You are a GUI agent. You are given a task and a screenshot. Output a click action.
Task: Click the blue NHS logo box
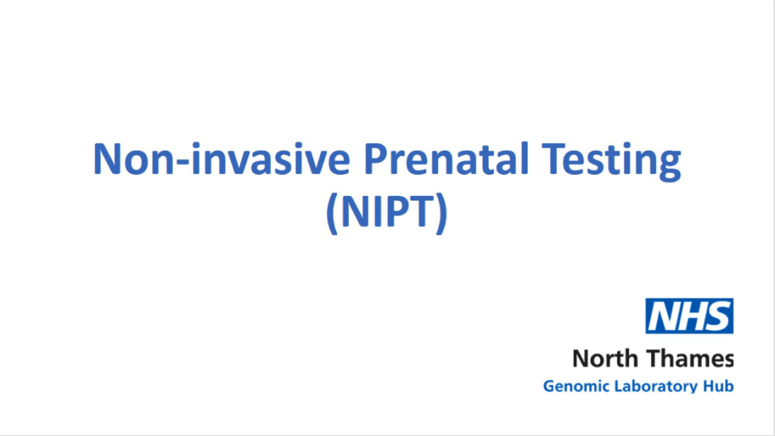click(689, 316)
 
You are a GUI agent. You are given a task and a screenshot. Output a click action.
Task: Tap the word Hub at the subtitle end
click(718, 386)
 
